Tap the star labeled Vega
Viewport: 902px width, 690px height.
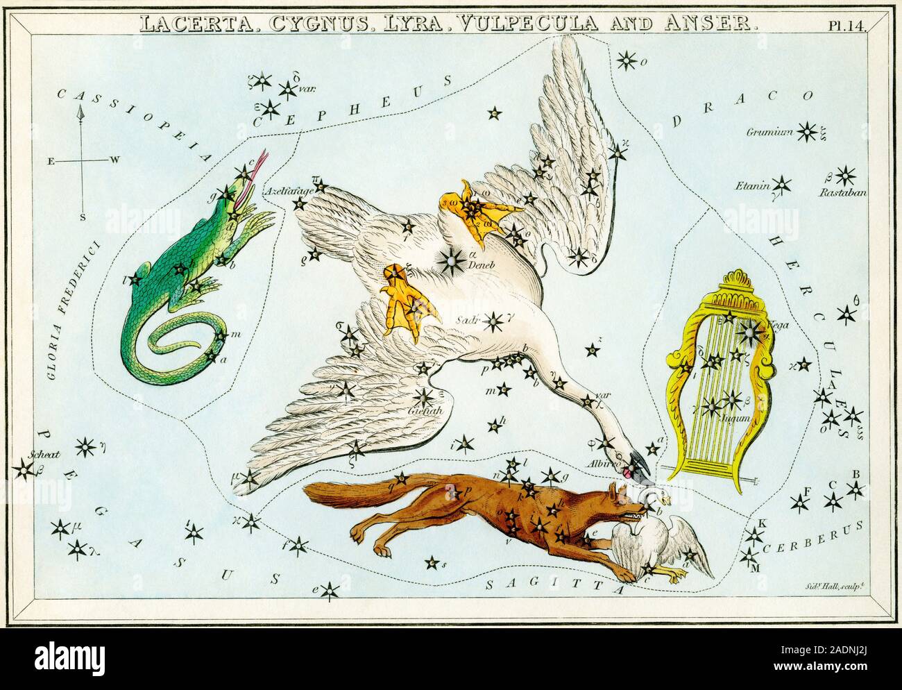coord(750,334)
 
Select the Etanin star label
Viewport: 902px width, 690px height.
coord(754,185)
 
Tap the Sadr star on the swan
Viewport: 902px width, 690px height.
coord(493,321)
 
